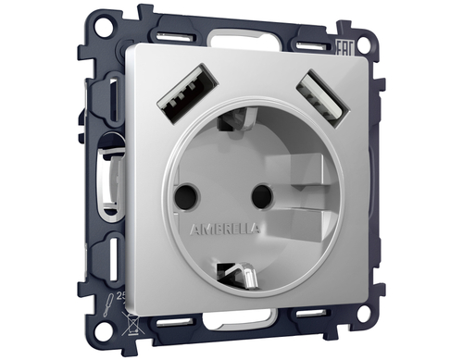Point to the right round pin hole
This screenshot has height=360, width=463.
coord(262,195)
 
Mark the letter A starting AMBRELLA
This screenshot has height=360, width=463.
coord(193,228)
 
